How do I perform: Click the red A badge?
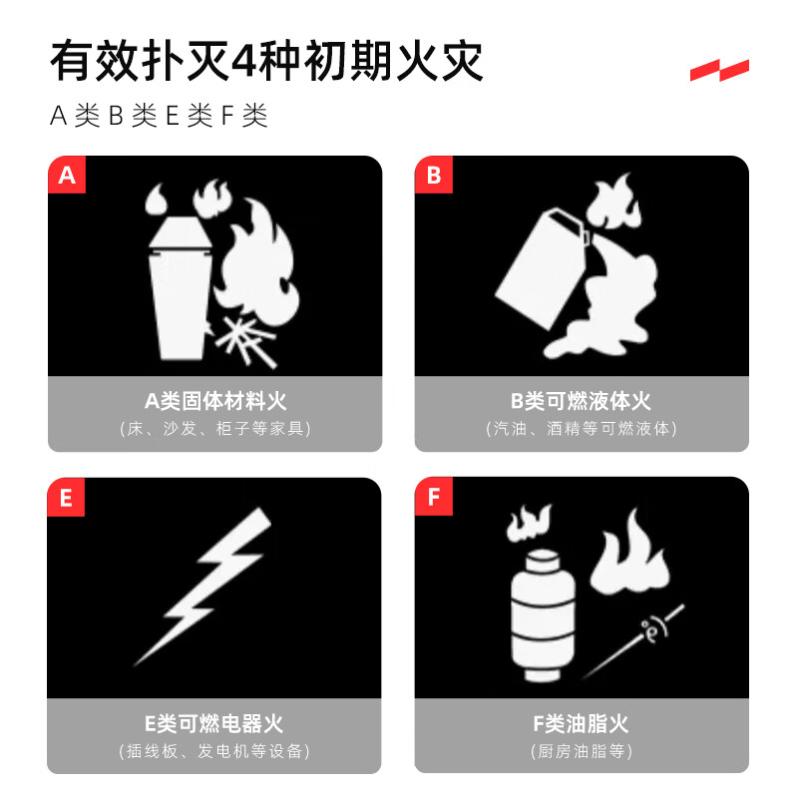click(x=67, y=177)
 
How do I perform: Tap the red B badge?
click(x=433, y=177)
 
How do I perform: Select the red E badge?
click(x=67, y=498)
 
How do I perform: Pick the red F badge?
click(x=433, y=498)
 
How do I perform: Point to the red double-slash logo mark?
click(x=719, y=70)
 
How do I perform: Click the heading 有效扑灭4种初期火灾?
click(x=267, y=62)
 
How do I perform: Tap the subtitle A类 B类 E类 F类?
click(x=160, y=116)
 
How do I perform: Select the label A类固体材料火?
click(x=214, y=402)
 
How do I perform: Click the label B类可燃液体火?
click(x=581, y=402)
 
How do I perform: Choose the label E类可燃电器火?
click(x=214, y=724)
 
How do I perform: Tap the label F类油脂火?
click(x=581, y=724)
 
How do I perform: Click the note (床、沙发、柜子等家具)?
click(x=214, y=429)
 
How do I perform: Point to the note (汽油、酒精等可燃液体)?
click(x=581, y=429)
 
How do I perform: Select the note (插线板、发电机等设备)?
click(x=214, y=751)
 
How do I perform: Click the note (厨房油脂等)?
click(x=581, y=751)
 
